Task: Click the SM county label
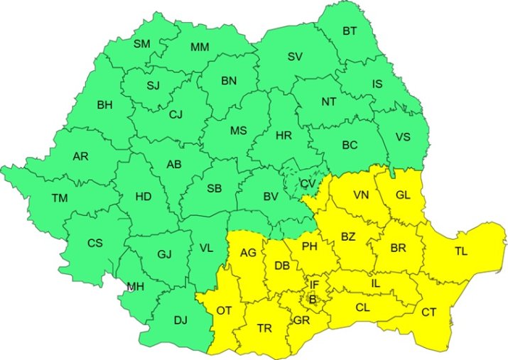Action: tap(142, 44)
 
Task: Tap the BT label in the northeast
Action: tap(350, 31)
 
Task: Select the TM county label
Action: tap(60, 198)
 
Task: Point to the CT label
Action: tap(429, 312)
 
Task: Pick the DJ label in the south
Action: tap(180, 320)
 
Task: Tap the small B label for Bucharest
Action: tap(311, 300)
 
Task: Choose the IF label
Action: tap(314, 285)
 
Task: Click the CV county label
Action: tap(308, 183)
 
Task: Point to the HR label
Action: tap(283, 135)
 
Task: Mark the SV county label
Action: tap(295, 57)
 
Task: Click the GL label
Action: tap(403, 194)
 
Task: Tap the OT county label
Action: tap(225, 310)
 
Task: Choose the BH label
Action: tap(104, 105)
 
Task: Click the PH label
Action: tap(309, 247)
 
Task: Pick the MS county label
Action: tap(238, 131)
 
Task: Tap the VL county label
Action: tap(206, 248)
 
